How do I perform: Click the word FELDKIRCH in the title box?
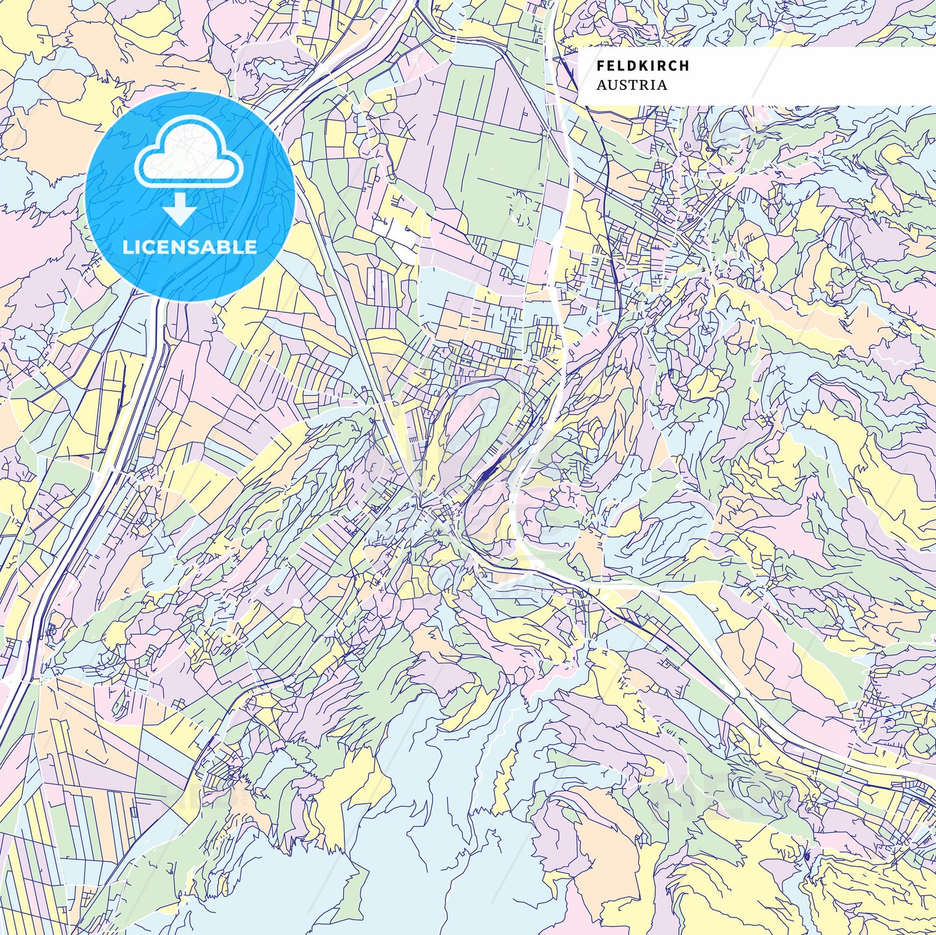tap(643, 66)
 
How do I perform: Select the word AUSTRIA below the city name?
tap(631, 85)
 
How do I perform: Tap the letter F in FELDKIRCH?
tap(601, 66)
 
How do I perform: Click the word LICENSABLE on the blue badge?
tap(190, 247)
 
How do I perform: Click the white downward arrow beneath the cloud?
tap(180, 209)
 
